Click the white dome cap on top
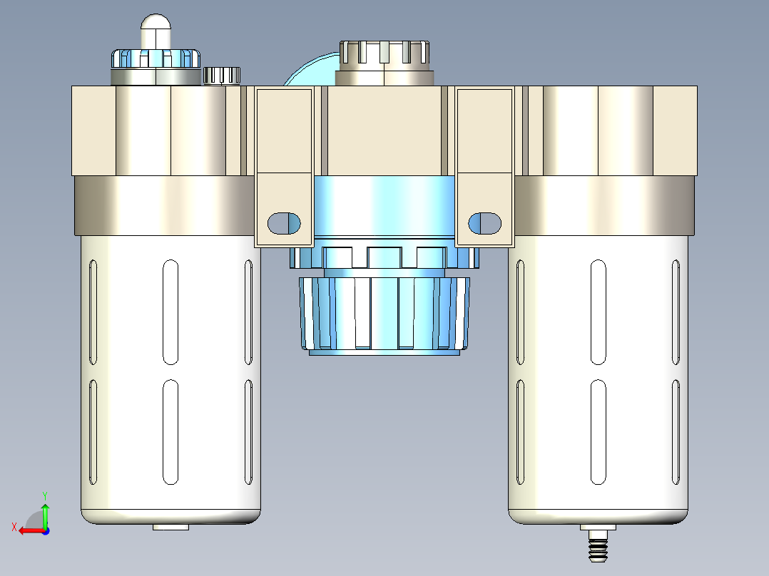156,31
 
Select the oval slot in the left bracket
284,223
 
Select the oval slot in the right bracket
484,223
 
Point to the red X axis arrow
32,531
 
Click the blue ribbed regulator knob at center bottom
385,315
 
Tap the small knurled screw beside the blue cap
222,76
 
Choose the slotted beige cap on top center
385,63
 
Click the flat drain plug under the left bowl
170,527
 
